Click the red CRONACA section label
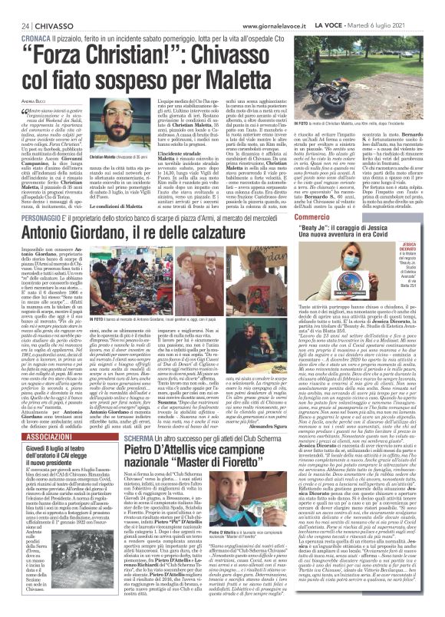point(26,36)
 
